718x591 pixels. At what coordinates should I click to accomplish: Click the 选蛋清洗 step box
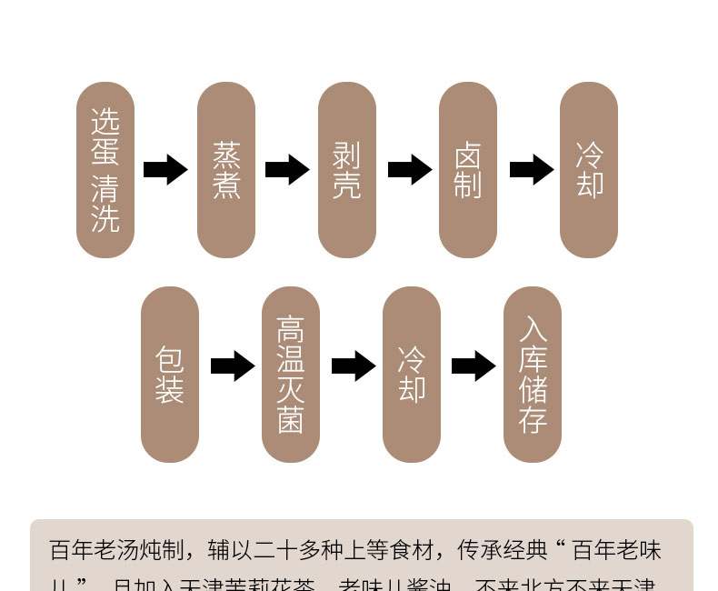point(105,170)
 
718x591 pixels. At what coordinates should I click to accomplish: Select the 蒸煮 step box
point(226,170)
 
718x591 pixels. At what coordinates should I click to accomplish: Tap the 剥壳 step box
point(347,170)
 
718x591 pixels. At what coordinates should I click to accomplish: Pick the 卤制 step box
point(468,170)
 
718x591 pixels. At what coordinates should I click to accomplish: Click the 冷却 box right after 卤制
point(589,170)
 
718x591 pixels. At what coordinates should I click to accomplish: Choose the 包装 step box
point(170,375)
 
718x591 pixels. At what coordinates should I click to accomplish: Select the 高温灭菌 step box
point(291,375)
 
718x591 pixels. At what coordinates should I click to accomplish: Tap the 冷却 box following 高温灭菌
point(412,375)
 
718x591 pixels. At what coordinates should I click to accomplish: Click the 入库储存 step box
point(533,375)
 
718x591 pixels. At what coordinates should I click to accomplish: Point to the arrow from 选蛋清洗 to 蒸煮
point(165,170)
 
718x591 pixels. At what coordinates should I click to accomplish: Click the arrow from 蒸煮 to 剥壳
point(287,170)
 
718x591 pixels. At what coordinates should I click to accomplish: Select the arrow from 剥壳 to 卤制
point(409,170)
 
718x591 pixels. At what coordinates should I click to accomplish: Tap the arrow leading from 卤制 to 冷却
point(531,170)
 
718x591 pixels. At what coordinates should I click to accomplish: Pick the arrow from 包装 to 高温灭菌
point(233,366)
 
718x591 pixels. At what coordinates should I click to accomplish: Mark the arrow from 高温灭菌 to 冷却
point(354,366)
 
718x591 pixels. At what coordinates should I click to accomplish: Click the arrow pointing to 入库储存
point(474,366)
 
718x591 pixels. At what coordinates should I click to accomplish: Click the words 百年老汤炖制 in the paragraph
point(120,550)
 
